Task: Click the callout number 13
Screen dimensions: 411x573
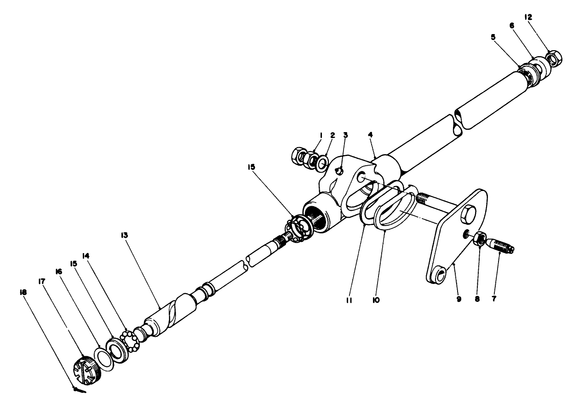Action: click(126, 235)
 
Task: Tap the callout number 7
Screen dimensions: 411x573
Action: click(495, 299)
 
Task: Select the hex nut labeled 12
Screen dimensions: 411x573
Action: click(553, 59)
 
